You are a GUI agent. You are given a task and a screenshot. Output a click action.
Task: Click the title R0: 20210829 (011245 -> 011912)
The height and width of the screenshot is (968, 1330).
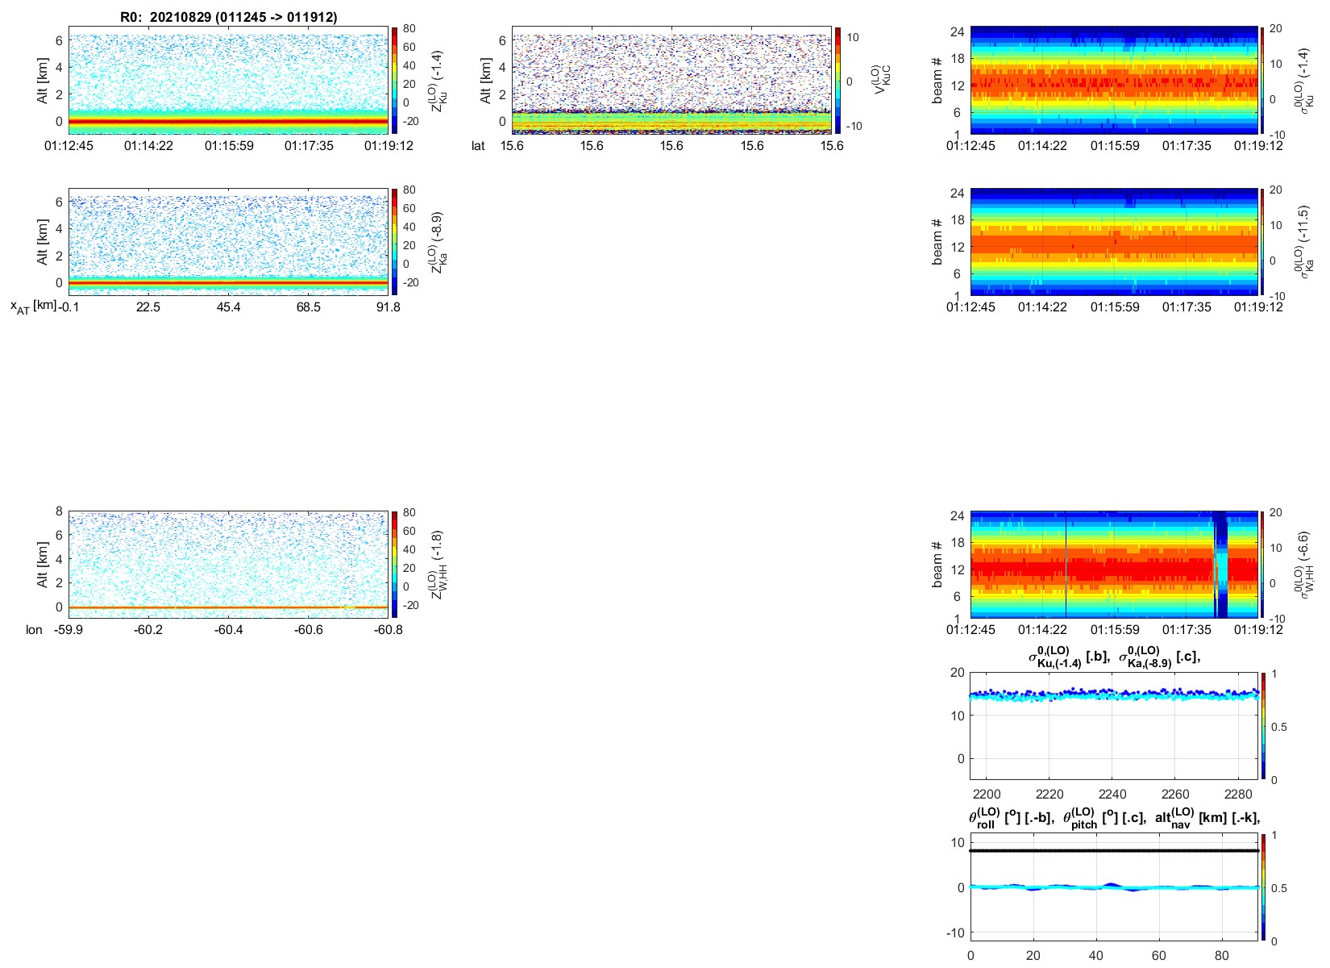(229, 17)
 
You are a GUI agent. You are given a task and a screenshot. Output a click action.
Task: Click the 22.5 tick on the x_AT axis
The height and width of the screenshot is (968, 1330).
(148, 307)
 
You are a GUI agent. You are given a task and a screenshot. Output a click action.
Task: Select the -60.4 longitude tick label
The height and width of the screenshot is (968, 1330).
(229, 630)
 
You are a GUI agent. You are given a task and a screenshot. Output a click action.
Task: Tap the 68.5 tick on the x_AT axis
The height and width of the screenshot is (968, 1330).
(308, 307)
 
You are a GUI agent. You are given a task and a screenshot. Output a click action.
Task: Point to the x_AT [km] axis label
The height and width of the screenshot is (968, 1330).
(33, 307)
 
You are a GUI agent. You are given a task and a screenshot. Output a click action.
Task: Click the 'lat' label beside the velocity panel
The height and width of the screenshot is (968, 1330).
(479, 146)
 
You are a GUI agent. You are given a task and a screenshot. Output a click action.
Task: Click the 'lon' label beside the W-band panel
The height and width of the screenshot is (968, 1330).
(34, 630)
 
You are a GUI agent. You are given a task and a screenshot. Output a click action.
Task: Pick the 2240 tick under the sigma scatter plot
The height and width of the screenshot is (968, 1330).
(1112, 795)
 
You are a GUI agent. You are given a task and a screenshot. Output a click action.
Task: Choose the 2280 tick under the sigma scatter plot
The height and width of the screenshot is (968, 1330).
(1239, 795)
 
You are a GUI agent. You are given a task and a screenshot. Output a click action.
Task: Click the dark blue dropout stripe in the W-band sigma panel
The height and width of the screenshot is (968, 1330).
(1220, 565)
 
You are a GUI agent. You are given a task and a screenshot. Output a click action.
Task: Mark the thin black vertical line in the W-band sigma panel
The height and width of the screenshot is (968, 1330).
(1066, 565)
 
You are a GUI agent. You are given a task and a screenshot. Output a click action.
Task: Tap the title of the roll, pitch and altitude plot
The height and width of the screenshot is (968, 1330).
(1114, 817)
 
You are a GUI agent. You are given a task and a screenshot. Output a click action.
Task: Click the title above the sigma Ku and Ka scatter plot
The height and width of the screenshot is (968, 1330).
(1114, 657)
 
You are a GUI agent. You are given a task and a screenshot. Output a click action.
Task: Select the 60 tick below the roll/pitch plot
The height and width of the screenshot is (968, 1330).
(1159, 956)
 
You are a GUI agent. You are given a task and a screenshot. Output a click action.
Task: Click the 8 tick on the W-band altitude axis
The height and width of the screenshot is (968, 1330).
(59, 511)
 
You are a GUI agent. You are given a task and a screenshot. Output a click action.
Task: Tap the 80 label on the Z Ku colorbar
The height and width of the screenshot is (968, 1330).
(409, 28)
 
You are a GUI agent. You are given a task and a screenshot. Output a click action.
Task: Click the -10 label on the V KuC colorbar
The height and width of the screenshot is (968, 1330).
(854, 126)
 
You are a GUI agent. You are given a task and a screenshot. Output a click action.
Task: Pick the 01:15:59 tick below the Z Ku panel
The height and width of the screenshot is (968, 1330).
(229, 146)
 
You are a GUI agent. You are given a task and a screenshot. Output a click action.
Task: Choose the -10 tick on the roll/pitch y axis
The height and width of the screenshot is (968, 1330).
(957, 933)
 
